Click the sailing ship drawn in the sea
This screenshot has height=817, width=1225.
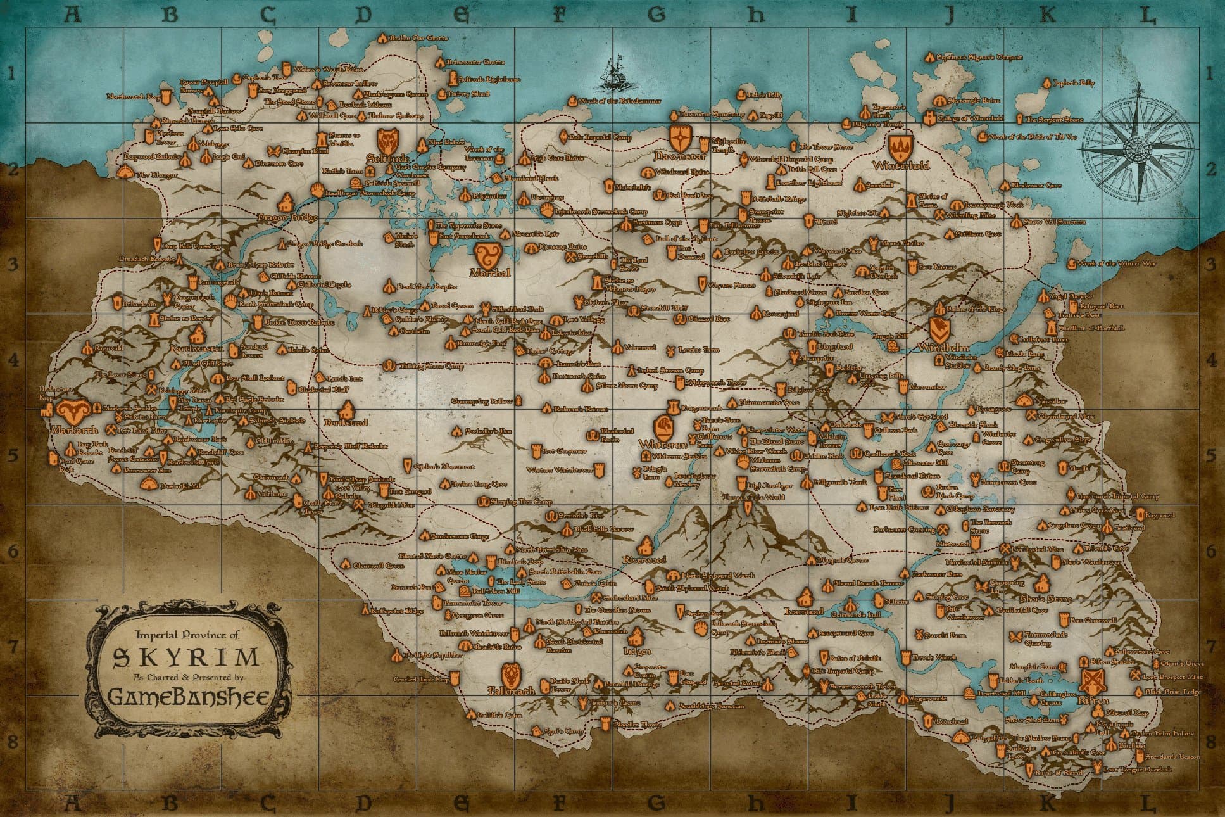[613, 73]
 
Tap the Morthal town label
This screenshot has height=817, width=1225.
[490, 273]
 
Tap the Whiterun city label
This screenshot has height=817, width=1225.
[663, 444]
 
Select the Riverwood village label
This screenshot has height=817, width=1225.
[644, 560]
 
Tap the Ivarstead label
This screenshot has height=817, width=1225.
[803, 611]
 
